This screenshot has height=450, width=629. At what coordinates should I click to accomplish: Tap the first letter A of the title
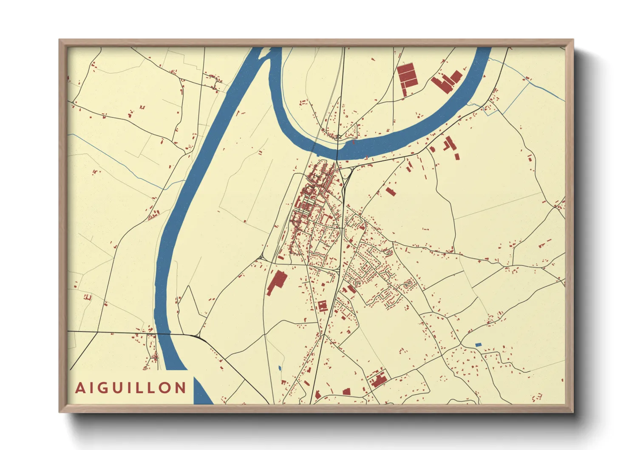click(80, 388)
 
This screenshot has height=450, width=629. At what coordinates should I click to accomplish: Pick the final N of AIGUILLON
click(180, 388)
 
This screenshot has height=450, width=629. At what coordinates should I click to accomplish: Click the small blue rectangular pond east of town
click(478, 345)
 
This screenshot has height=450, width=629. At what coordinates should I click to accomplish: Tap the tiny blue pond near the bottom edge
click(280, 368)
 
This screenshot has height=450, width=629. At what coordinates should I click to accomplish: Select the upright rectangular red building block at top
click(407, 76)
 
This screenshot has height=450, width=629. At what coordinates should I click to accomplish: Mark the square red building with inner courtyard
click(323, 306)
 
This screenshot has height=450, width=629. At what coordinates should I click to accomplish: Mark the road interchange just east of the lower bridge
click(198, 336)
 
